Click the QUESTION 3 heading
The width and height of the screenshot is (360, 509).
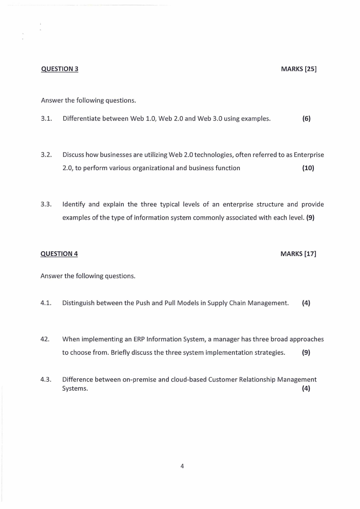(59, 69)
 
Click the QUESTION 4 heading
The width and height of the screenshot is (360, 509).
(59, 254)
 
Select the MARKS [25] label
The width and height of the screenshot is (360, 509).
(298, 69)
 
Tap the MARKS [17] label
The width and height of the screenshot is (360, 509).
(298, 254)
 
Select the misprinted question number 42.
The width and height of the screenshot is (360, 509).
(45, 338)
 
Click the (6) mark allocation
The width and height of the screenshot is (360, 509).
(306, 119)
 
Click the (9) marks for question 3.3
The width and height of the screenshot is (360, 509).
(310, 217)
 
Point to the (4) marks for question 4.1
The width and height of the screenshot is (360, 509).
(306, 303)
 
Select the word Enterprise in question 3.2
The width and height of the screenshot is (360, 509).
(309, 155)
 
